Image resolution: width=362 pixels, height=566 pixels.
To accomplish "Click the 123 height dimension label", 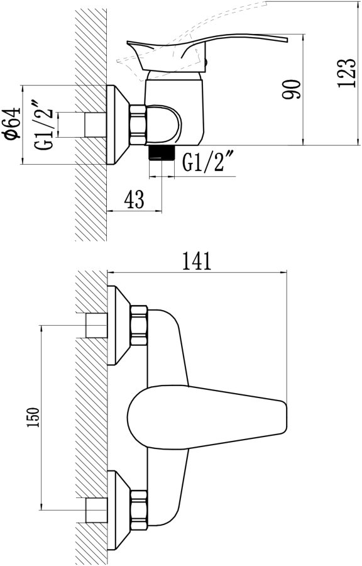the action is pyautogui.click(x=346, y=72).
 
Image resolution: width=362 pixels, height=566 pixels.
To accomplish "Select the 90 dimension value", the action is pyautogui.click(x=291, y=89).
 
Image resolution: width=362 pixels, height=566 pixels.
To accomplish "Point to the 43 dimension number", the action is pyautogui.click(x=134, y=199).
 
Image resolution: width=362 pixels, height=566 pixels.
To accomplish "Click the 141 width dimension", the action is pyautogui.click(x=197, y=261).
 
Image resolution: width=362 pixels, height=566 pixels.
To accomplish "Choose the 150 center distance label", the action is pyautogui.click(x=33, y=418).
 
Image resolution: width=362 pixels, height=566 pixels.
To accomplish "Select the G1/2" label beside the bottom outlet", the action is pyautogui.click(x=207, y=162).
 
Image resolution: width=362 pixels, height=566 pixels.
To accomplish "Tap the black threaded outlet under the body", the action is pyautogui.click(x=162, y=153).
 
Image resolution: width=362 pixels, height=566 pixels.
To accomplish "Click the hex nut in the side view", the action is pyautogui.click(x=138, y=125).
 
